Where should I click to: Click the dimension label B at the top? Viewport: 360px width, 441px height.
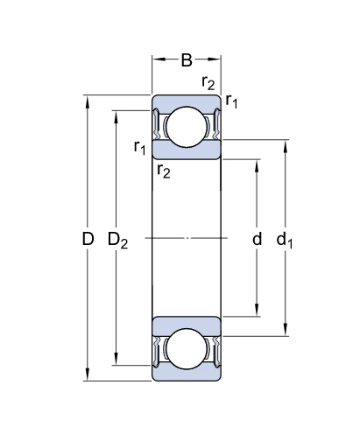[x=187, y=60]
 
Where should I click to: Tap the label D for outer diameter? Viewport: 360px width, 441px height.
[x=88, y=239]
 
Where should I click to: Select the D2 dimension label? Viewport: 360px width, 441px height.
[x=117, y=240]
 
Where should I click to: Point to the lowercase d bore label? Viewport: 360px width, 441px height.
[x=257, y=239]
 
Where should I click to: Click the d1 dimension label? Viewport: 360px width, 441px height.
[x=285, y=240]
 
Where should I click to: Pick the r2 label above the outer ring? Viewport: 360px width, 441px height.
[x=208, y=83]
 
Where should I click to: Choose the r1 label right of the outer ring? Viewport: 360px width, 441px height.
[x=231, y=101]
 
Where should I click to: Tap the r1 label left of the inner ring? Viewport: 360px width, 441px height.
[x=139, y=147]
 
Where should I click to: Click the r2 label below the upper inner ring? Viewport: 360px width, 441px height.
[x=164, y=171]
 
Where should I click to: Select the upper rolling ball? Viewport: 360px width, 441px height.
[x=187, y=127]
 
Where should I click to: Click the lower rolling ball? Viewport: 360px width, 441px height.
[x=187, y=349]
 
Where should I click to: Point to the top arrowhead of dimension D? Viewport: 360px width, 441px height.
[x=87, y=101]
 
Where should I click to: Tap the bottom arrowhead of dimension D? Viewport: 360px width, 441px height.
[x=87, y=374]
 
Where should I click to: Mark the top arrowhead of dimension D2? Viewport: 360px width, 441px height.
[x=116, y=116]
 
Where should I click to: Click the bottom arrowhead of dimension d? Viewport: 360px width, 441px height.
[x=257, y=311]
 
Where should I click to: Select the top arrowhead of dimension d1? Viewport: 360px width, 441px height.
[x=286, y=146]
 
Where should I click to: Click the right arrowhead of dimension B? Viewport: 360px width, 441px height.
[x=214, y=59]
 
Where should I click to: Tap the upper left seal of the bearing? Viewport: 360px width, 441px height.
[x=156, y=124]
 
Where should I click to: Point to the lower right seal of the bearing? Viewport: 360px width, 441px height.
[x=216, y=352]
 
